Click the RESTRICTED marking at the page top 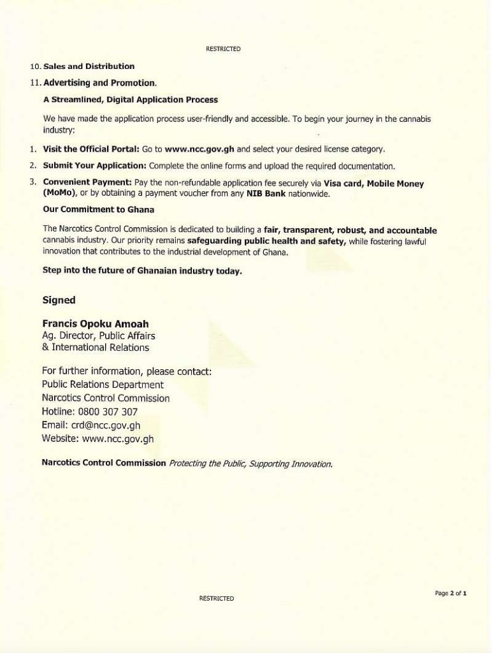click(223, 49)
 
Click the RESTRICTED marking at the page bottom click(217, 598)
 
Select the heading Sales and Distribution click(89, 66)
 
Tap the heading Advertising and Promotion click(99, 83)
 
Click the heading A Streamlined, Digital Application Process click(130, 99)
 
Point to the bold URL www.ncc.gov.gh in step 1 click(199, 149)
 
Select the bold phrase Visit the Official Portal click(90, 149)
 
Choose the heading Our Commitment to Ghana click(98, 209)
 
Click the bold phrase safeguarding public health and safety click(266, 242)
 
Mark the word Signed click(59, 300)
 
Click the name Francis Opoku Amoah click(95, 323)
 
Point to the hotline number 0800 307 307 click(107, 412)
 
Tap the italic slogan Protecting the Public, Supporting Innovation click(250, 464)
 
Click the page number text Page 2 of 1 click(451, 593)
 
